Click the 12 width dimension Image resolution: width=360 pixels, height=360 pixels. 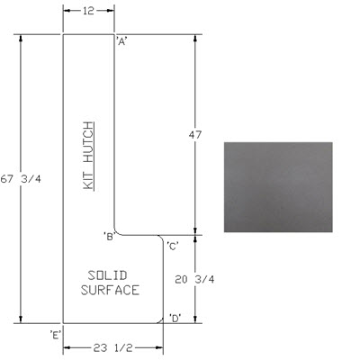tap(89, 11)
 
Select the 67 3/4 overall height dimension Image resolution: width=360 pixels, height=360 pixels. tap(21, 179)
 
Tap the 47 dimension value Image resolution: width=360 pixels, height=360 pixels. tap(195, 135)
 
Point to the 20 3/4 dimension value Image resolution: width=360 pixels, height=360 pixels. tap(195, 280)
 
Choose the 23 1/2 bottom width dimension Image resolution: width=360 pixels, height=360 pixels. tap(112, 348)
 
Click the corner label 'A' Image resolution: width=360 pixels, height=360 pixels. tap(122, 41)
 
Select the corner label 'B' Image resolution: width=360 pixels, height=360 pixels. tap(109, 237)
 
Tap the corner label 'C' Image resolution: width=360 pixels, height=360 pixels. tap(173, 246)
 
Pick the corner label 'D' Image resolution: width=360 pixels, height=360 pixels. tap(175, 318)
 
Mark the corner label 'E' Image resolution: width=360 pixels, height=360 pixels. tap(56, 335)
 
